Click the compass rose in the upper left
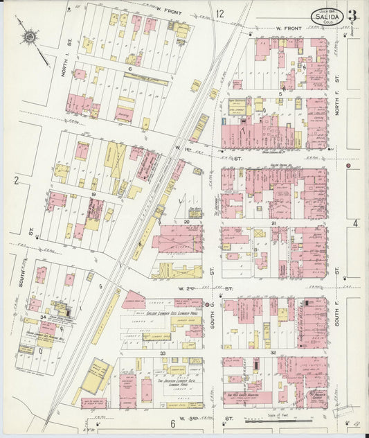31,37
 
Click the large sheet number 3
352,16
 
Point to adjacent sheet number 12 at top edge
220,13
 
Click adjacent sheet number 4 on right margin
355,222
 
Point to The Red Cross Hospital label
243,396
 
